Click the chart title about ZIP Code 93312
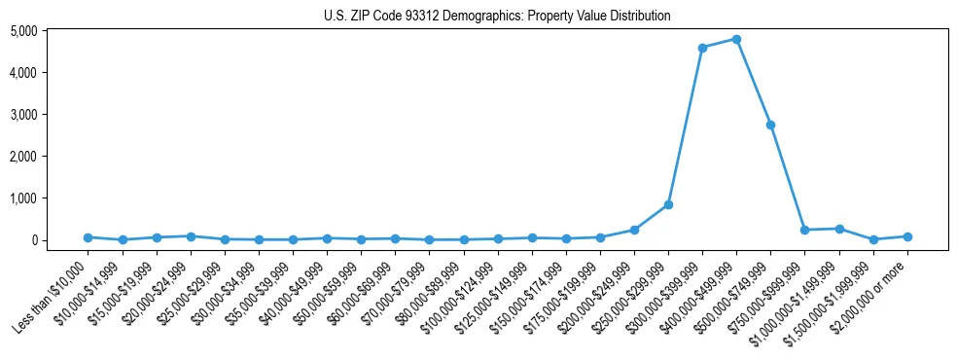tap(497, 16)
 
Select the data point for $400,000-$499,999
tap(736, 39)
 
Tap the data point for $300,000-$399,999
tap(702, 48)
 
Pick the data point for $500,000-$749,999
tap(770, 125)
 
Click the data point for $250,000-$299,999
tap(668, 204)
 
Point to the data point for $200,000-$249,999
tap(634, 230)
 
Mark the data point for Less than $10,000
tap(88, 237)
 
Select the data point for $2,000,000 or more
tap(907, 236)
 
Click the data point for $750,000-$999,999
tap(804, 230)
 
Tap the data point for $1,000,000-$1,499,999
tap(838, 229)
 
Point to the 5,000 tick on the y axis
tap(51, 31)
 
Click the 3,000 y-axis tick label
tap(51, 115)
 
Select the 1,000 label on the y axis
tap(51, 198)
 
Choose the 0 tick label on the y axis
tap(59, 240)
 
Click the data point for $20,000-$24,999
tap(191, 236)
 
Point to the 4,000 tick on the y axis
tap(51, 73)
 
